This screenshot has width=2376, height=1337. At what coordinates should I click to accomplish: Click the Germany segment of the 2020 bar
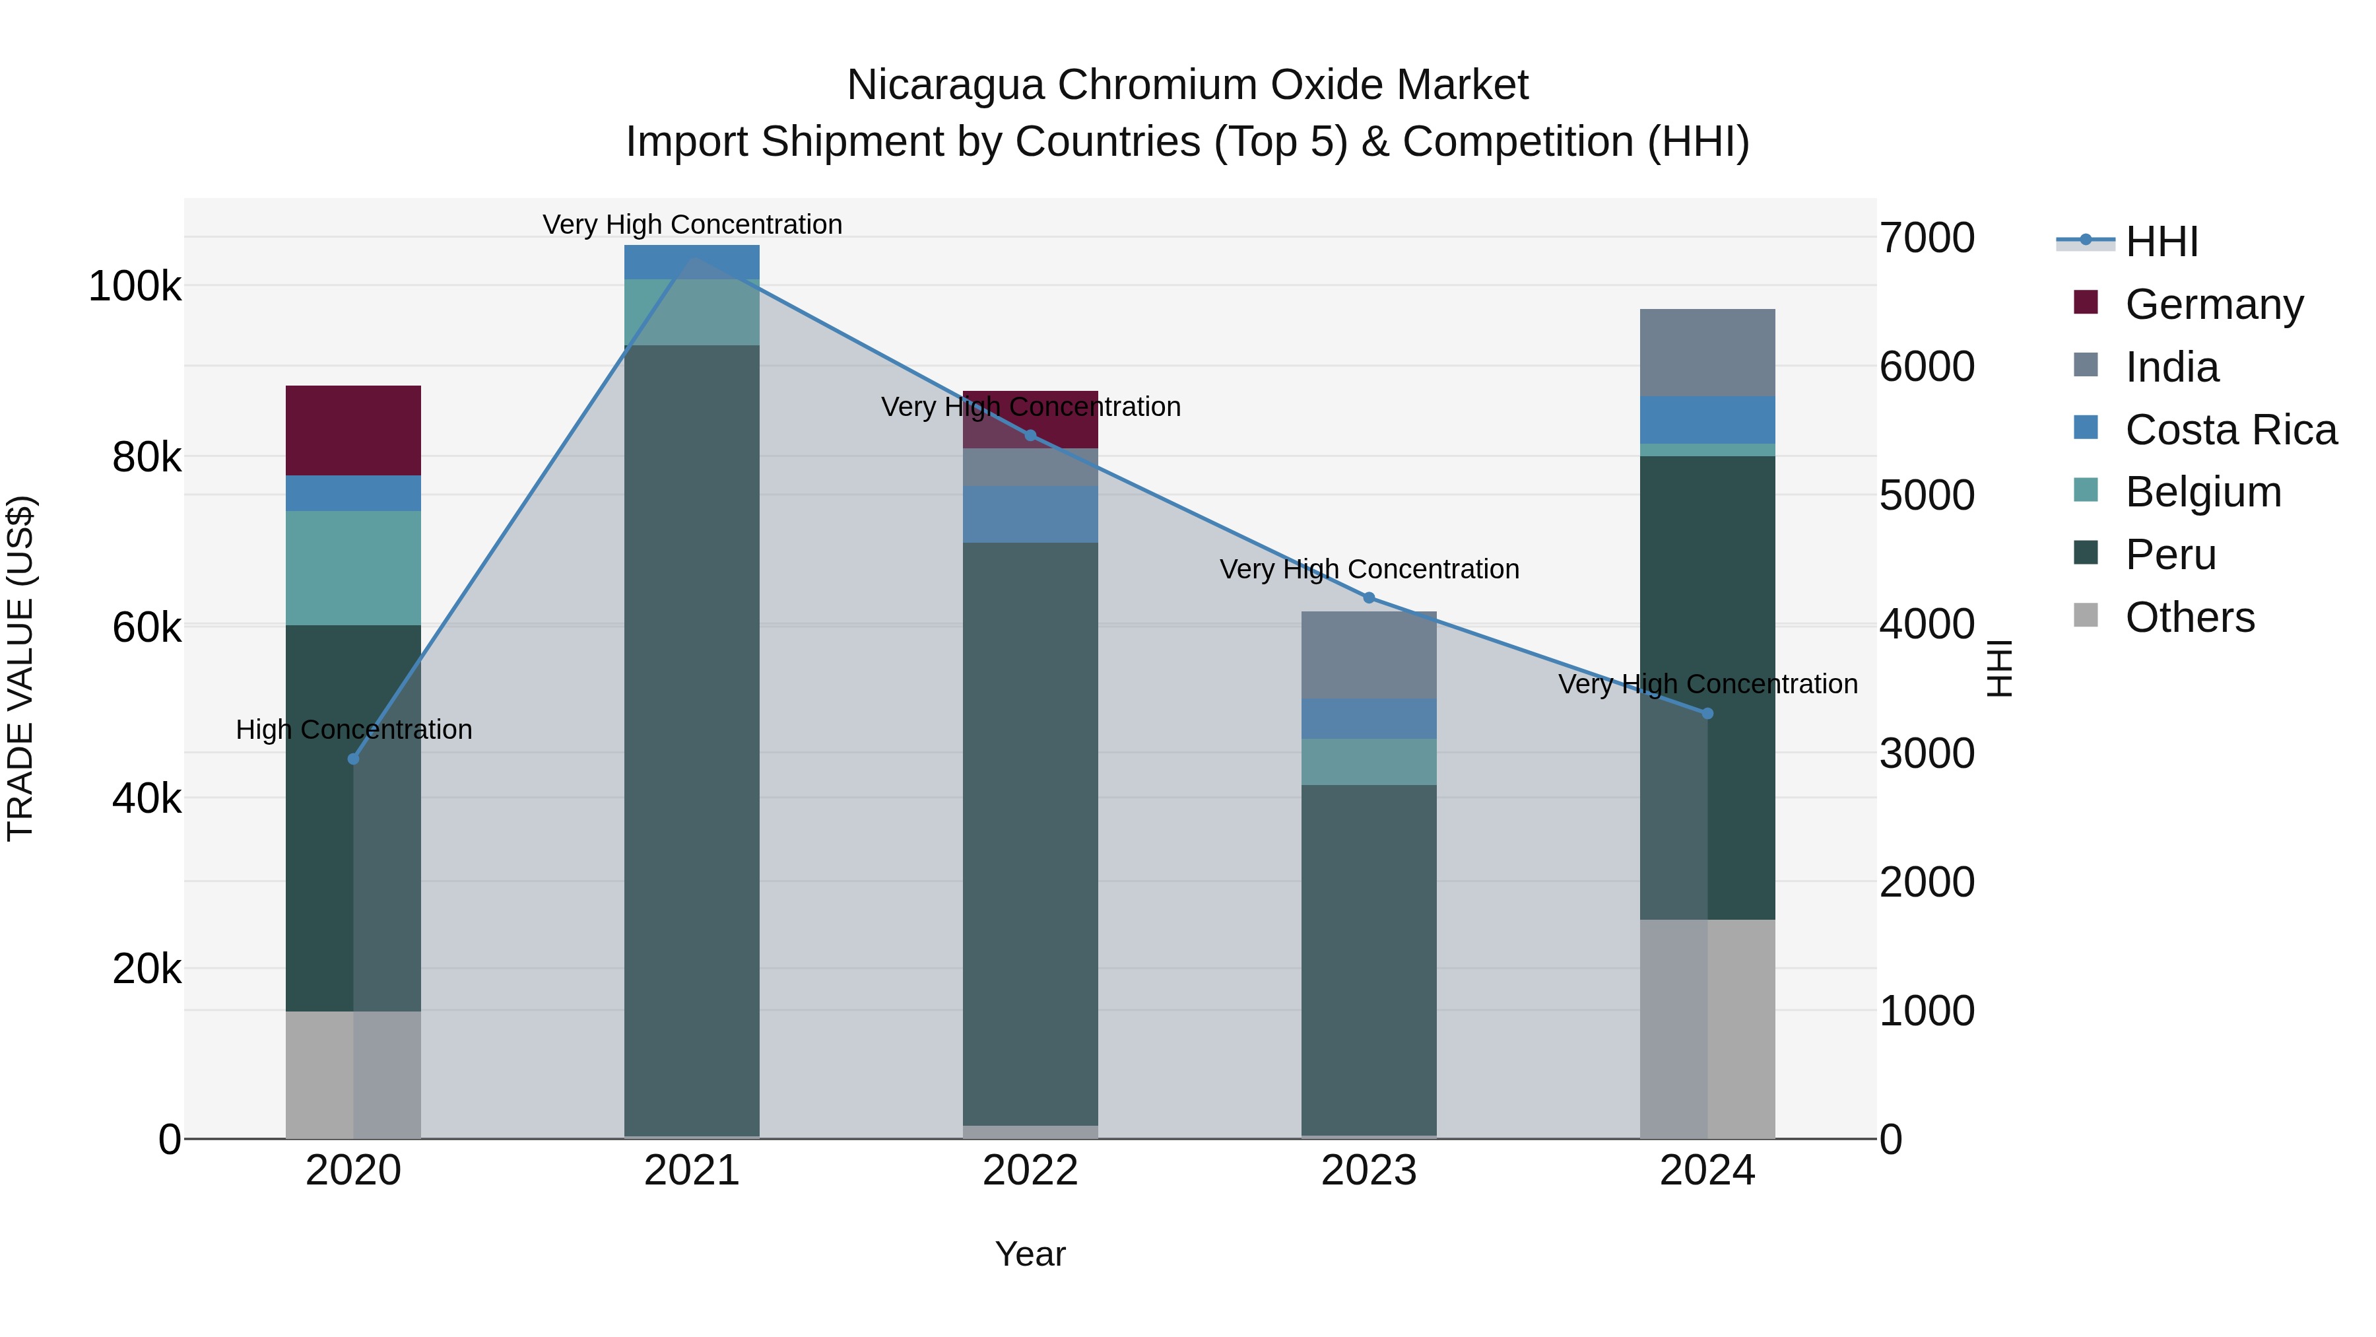(353, 430)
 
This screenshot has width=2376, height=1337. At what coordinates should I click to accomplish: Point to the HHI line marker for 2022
(1030, 436)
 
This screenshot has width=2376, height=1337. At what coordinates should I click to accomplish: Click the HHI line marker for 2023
(1369, 598)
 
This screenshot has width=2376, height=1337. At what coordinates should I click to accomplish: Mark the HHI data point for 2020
(353, 759)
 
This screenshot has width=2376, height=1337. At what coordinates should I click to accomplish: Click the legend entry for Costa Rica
(2230, 430)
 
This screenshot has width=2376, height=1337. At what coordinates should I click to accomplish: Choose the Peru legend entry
(2169, 555)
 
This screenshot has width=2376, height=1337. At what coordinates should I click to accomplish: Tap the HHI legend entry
(2161, 242)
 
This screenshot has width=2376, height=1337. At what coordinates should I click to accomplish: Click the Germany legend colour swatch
(2086, 302)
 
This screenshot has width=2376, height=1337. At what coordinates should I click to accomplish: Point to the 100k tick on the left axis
(135, 286)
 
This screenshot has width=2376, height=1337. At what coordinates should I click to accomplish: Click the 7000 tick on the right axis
(1927, 238)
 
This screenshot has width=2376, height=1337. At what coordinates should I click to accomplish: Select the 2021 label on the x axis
(692, 1171)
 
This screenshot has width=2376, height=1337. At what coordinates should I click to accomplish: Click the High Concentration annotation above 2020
(353, 729)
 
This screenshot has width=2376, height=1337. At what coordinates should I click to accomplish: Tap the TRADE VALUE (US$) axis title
(20, 668)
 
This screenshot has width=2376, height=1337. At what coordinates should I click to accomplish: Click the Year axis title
(1030, 1254)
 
